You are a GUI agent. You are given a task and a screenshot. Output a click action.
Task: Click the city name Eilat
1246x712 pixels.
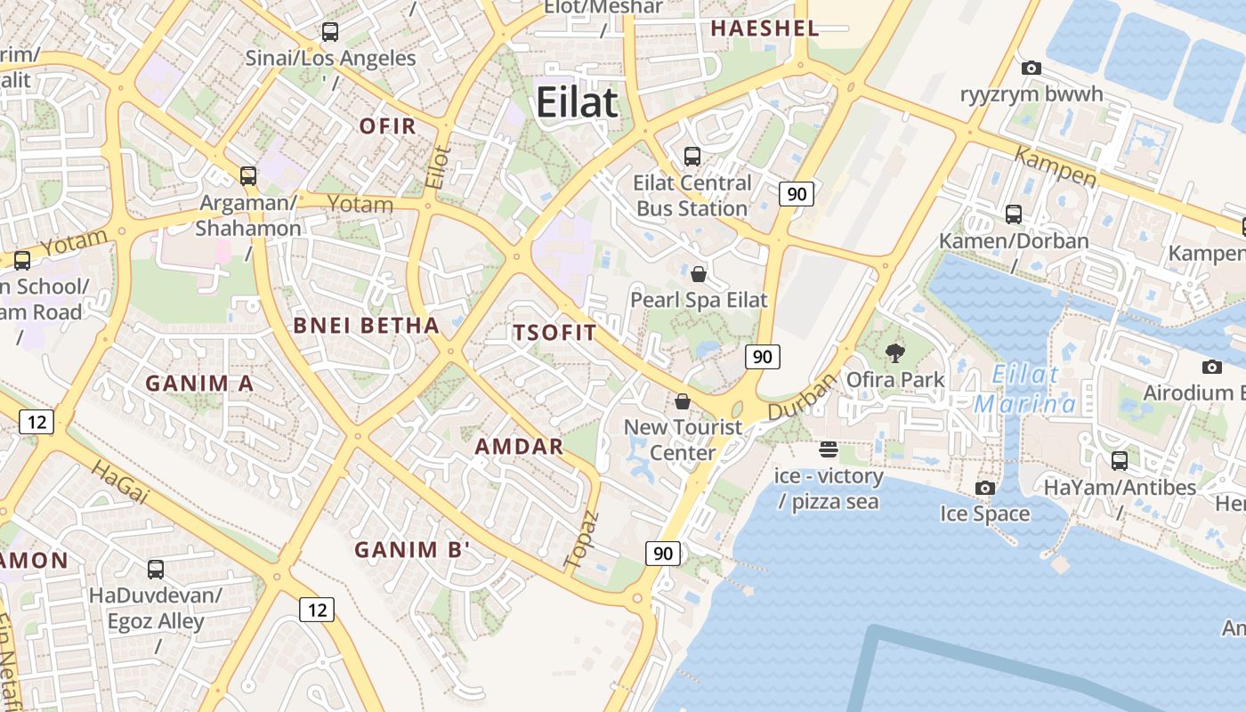pos(576,102)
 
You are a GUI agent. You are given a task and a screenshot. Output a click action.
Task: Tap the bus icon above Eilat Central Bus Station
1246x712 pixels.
pos(692,157)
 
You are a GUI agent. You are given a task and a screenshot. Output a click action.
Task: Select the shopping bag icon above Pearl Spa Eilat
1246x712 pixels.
pos(699,273)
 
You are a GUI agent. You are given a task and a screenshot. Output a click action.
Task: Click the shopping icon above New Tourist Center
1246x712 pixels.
pos(683,401)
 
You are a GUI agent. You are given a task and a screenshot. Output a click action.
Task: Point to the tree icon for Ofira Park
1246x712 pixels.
pos(894,353)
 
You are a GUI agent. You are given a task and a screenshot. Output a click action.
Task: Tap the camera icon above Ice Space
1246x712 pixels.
pos(984,488)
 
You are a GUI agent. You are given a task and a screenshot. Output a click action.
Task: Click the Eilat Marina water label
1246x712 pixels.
pos(1025,389)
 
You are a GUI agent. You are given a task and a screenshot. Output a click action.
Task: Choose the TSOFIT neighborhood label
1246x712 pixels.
pos(554,333)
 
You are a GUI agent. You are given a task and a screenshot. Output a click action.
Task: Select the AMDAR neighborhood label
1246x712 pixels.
pos(519,446)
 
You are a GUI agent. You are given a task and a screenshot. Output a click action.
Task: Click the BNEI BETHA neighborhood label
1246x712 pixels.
pos(367,326)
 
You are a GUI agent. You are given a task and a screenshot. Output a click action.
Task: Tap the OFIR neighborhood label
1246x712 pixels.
pos(387,126)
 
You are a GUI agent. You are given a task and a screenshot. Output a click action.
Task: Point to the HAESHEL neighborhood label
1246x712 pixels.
pos(765,28)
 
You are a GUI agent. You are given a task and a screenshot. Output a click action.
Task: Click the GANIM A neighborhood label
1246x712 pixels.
pos(199,384)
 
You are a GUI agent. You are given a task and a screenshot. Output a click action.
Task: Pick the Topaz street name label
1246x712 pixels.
pos(582,539)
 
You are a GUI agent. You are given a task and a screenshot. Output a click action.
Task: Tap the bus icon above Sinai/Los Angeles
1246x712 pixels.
pos(330,32)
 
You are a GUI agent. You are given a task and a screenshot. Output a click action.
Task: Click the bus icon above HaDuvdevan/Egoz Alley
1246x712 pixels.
pos(156,569)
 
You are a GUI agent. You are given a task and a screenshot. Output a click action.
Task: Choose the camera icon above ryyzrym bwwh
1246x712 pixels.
pos(1032,68)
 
